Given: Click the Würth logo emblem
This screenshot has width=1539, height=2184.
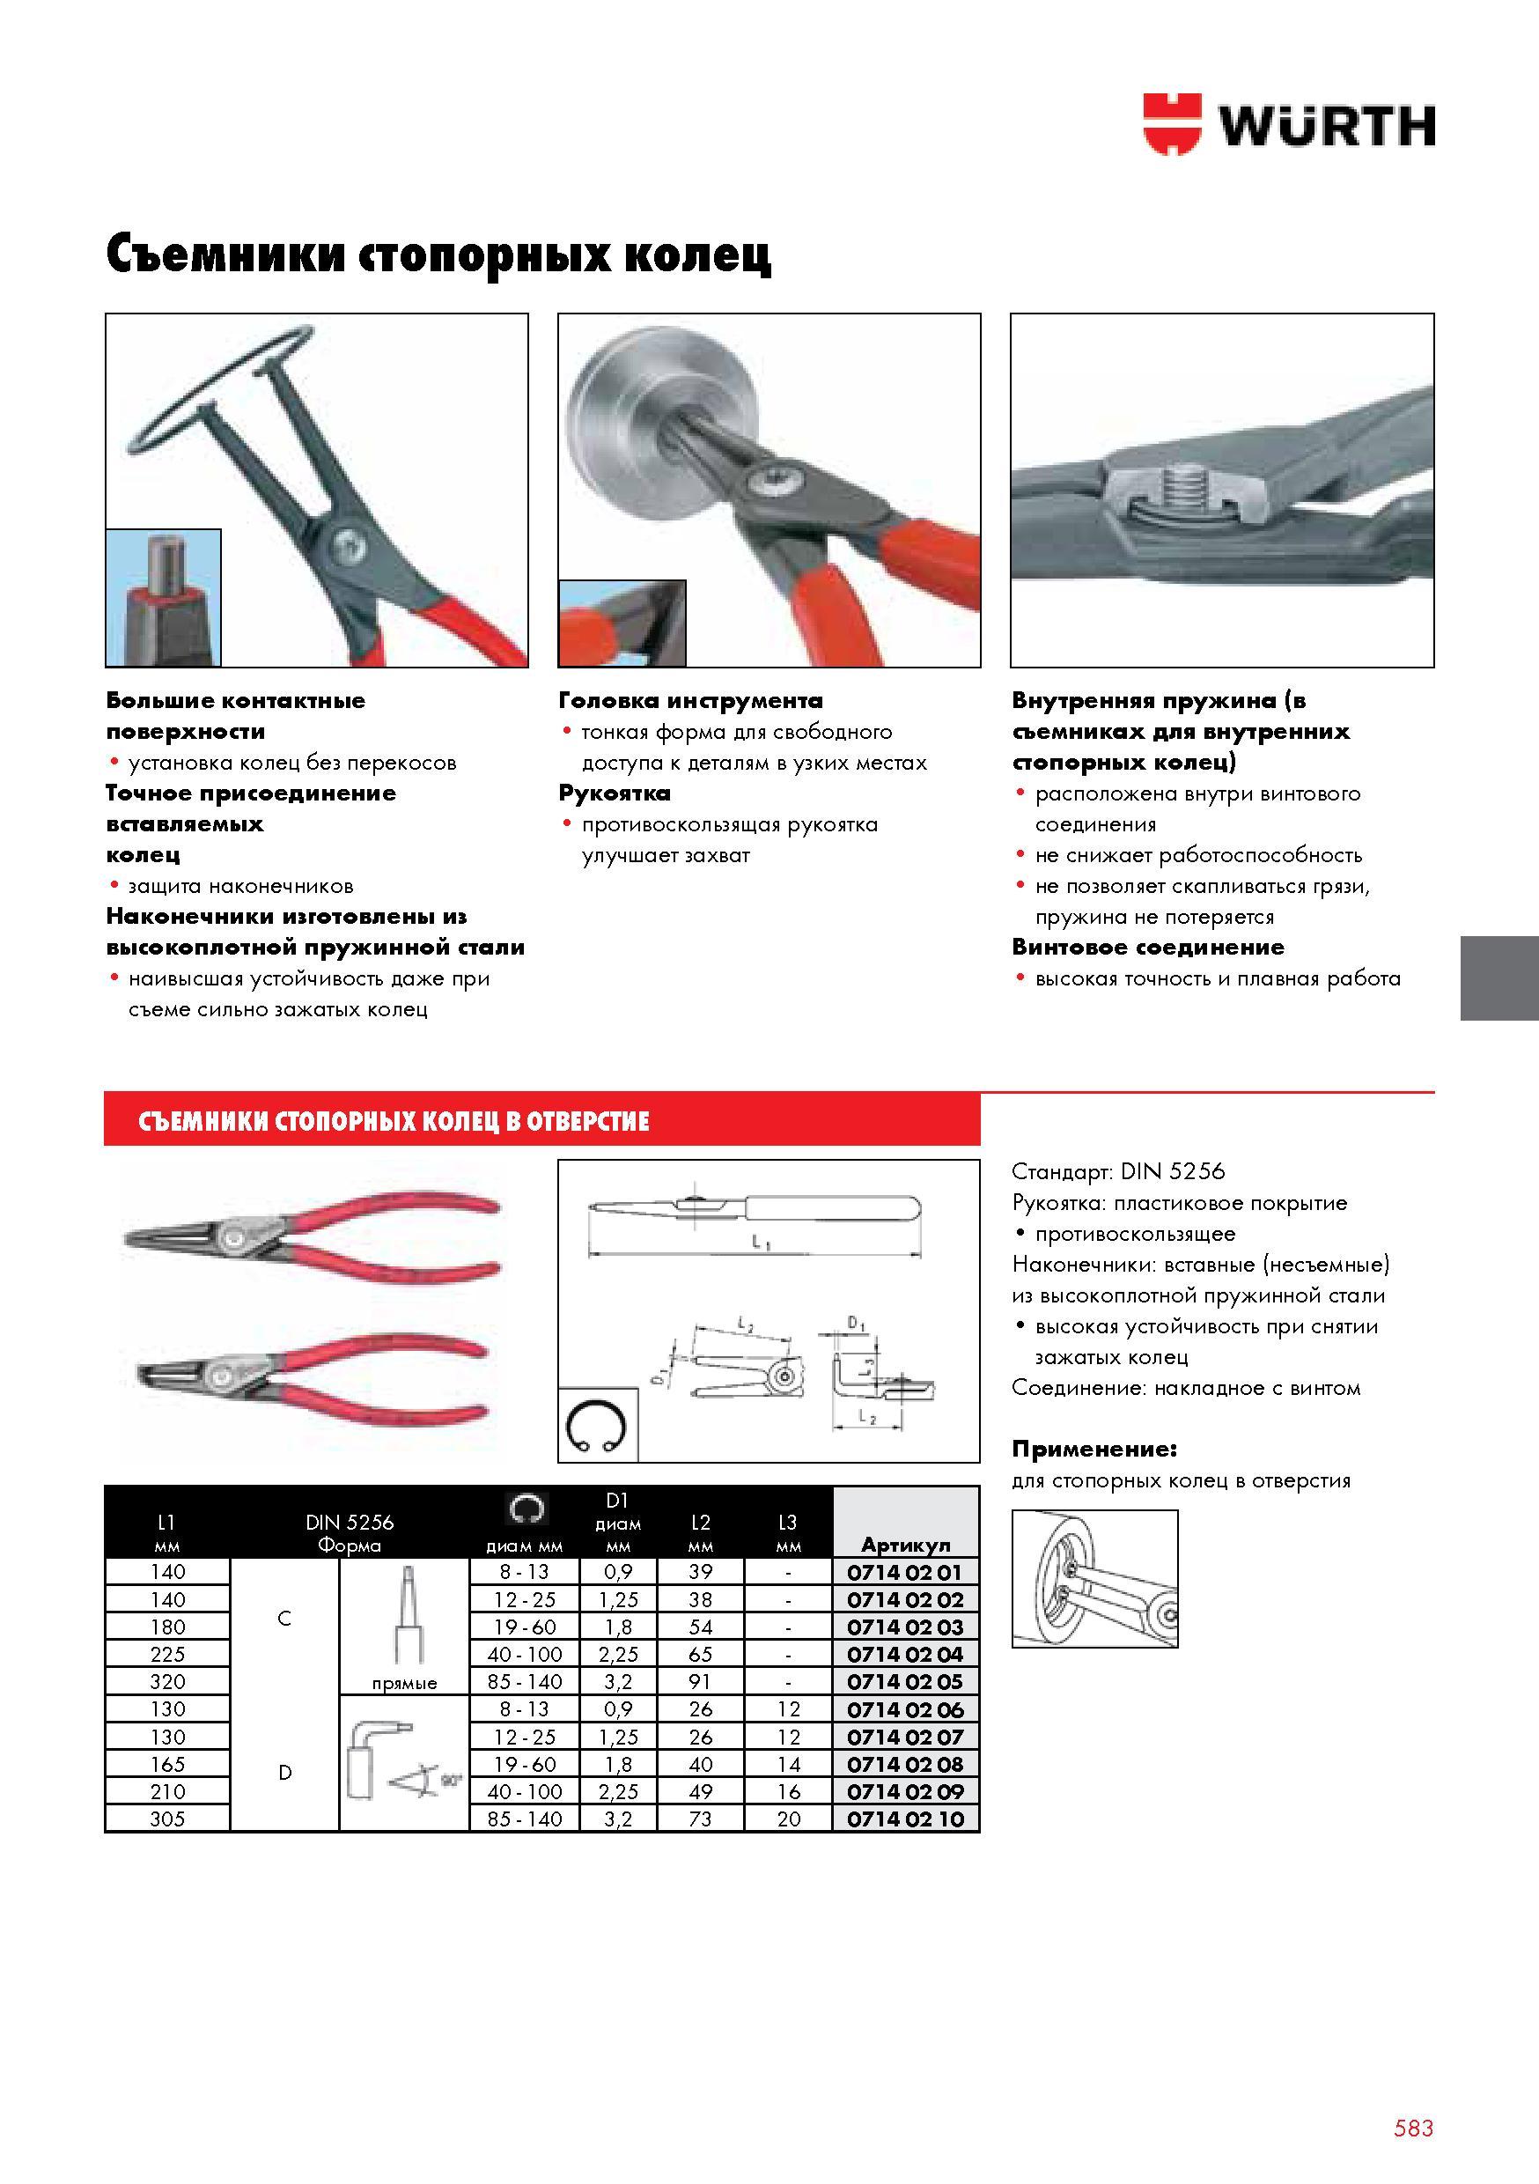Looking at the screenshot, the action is coord(1173,123).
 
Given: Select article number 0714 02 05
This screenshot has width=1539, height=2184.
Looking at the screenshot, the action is coord(905,1681).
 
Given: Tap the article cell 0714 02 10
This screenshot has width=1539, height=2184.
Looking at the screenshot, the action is coord(905,1819).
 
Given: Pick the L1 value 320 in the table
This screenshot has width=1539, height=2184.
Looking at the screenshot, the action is coord(167,1681).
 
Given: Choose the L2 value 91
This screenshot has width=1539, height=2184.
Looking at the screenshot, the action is coord(700,1681).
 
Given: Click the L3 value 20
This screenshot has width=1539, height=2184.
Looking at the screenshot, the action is coord(789,1819).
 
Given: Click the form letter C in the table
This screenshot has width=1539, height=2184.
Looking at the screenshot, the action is coord(283,1618).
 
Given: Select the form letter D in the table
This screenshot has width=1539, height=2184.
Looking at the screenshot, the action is coord(284,1772).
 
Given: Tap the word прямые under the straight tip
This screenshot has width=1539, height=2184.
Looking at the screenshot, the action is coord(404,1684).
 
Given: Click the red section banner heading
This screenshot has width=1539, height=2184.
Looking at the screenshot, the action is coord(394,1120).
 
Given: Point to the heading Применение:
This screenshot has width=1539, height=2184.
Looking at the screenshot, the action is coord(1093,1449).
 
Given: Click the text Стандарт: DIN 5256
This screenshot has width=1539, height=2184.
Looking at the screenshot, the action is coord(1118,1172).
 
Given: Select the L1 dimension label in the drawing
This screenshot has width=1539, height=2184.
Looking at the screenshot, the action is coord(761,1243).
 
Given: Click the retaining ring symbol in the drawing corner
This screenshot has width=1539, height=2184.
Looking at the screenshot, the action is coord(596,1427).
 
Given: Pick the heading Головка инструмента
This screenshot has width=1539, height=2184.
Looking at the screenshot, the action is coord(690,701).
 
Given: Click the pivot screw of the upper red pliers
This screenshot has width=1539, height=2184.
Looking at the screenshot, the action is coord(232,1237).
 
